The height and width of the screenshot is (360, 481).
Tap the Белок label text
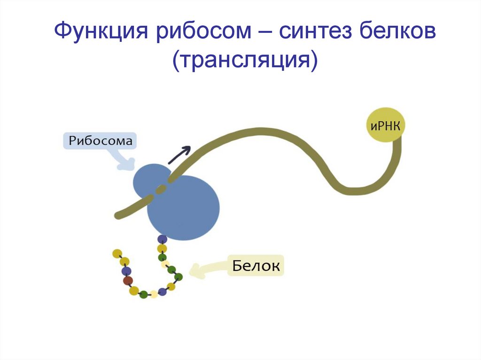[256, 266]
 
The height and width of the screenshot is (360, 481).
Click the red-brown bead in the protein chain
[128, 281]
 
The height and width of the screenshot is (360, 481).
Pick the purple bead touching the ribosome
[162, 239]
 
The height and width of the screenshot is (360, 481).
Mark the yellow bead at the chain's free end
[117, 253]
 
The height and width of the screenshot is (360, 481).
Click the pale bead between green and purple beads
[154, 295]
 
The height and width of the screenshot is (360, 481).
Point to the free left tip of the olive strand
[117, 215]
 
